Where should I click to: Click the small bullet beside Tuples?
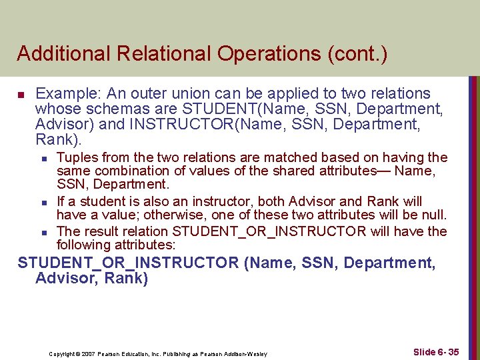[x=43, y=159]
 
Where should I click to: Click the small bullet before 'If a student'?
[x=43, y=202]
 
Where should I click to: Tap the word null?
[x=435, y=215]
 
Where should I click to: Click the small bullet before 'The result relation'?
[x=43, y=232]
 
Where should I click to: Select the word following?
[x=83, y=245]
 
